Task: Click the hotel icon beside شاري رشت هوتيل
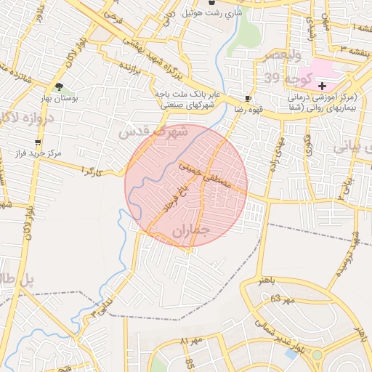[x=211, y=3]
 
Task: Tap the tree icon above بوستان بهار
[x=59, y=86]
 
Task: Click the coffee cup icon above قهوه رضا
[x=248, y=97]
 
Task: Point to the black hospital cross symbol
[x=343, y=86]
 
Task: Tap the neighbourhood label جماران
[x=191, y=232]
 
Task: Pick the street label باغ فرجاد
[x=174, y=200]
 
